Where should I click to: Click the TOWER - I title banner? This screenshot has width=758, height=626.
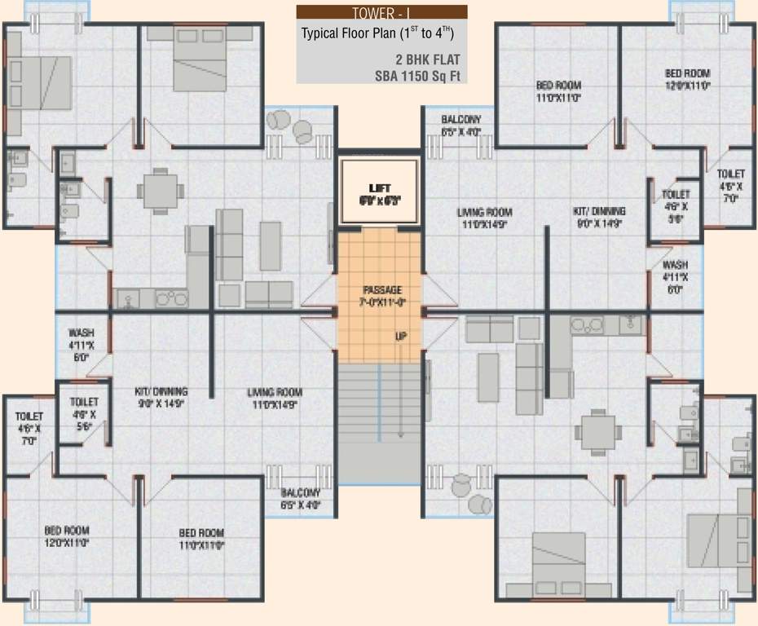pyautogui.click(x=381, y=12)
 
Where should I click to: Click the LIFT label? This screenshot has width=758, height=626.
pyautogui.click(x=380, y=188)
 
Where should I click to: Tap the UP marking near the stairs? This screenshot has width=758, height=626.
pyautogui.click(x=400, y=335)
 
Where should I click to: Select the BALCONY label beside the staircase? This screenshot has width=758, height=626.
pyautogui.click(x=301, y=493)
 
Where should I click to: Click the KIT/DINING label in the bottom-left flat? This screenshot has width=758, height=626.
pyautogui.click(x=161, y=391)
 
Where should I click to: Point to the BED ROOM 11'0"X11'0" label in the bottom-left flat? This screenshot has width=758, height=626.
pyautogui.click(x=201, y=534)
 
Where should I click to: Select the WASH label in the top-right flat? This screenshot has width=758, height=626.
pyautogui.click(x=675, y=266)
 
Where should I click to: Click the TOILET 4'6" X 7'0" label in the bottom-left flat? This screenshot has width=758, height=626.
pyautogui.click(x=29, y=417)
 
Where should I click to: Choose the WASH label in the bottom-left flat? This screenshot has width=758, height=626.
pyautogui.click(x=80, y=333)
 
